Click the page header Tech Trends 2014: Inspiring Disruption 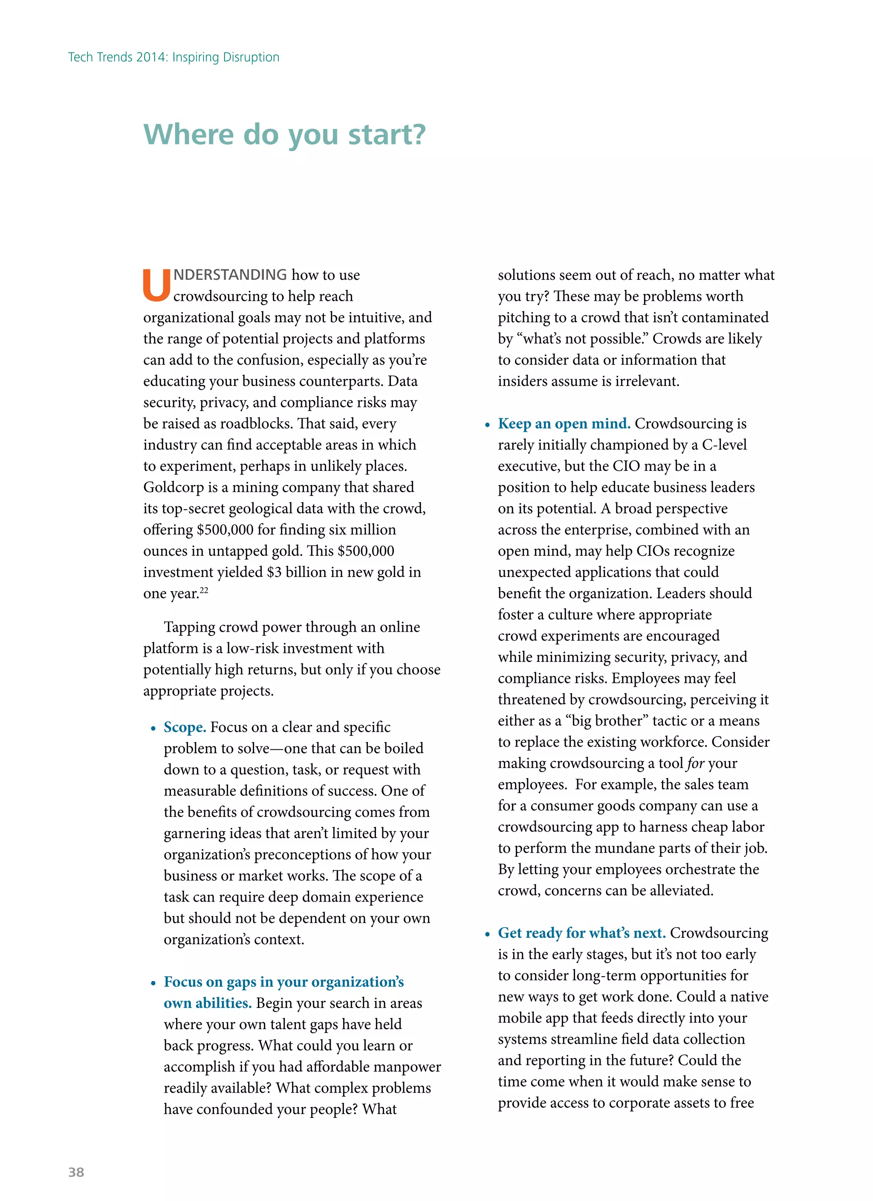pyautogui.click(x=173, y=57)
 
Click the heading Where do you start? pyautogui.click(x=284, y=134)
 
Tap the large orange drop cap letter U pyautogui.click(x=156, y=286)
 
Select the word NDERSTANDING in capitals pyautogui.click(x=230, y=275)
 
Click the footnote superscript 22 pyautogui.click(x=204, y=590)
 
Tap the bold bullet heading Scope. pyautogui.click(x=185, y=727)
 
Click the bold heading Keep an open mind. pyautogui.click(x=564, y=424)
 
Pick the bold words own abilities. pyautogui.click(x=208, y=1003)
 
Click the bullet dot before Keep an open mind pyautogui.click(x=488, y=425)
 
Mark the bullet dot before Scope pyautogui.click(x=153, y=728)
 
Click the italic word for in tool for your pyautogui.click(x=696, y=763)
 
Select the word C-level pyautogui.click(x=724, y=445)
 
